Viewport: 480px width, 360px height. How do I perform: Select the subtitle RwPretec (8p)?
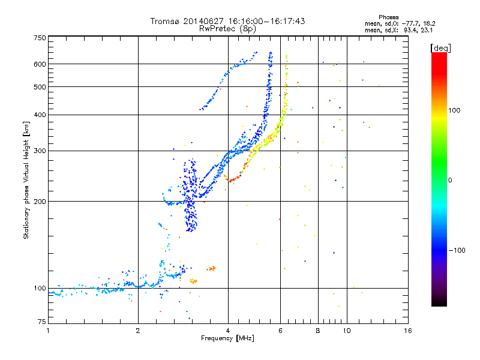click(x=227, y=29)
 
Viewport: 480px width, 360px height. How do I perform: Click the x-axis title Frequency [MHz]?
click(x=227, y=338)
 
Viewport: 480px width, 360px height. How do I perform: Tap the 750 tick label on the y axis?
click(x=40, y=38)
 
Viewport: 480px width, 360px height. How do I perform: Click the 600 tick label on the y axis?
click(x=40, y=64)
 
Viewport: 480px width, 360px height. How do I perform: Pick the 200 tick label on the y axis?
click(x=40, y=202)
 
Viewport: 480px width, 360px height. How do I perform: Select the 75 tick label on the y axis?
click(x=41, y=322)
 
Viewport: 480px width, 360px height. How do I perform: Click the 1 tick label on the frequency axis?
click(x=48, y=331)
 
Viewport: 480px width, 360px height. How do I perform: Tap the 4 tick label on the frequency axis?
click(x=228, y=331)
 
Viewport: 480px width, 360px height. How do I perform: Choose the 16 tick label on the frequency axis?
click(x=408, y=331)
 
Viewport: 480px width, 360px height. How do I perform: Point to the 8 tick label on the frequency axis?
click(x=318, y=331)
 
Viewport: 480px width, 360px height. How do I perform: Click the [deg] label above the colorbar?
click(x=440, y=48)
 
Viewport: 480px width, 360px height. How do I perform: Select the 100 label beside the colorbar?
click(x=454, y=110)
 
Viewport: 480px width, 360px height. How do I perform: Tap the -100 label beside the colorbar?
click(x=457, y=250)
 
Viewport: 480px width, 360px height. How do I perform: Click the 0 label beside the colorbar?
click(x=450, y=181)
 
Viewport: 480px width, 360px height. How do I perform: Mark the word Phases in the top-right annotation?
click(x=389, y=17)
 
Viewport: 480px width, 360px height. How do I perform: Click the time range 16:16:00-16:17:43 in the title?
click(x=266, y=21)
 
